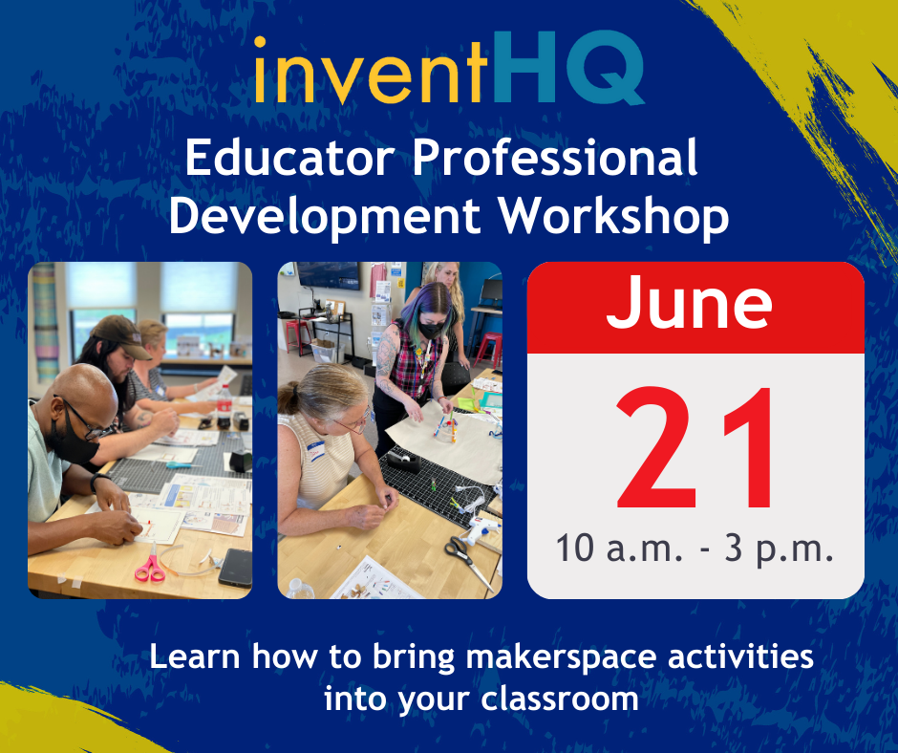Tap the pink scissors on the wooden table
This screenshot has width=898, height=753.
click(149, 568)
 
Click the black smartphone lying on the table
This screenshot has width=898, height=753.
click(234, 568)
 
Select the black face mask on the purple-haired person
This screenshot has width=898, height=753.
click(430, 327)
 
